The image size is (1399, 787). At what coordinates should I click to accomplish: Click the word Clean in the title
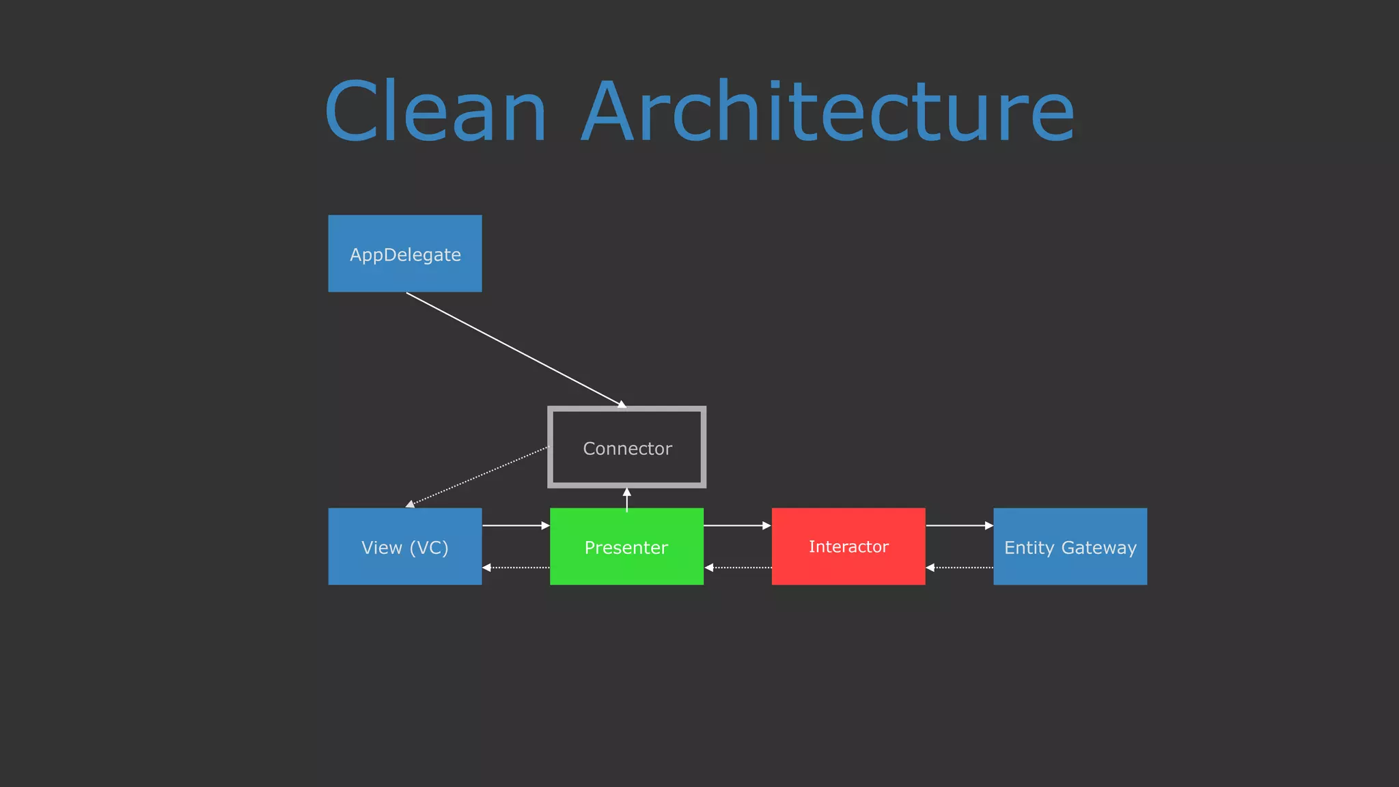pyautogui.click(x=436, y=111)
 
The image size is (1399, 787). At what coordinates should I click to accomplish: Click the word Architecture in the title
pyautogui.click(x=828, y=111)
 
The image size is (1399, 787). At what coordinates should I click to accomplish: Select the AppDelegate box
pyautogui.click(x=405, y=253)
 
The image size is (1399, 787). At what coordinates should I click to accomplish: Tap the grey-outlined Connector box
pyautogui.click(x=627, y=447)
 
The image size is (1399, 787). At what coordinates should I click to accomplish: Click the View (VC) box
pyautogui.click(x=405, y=547)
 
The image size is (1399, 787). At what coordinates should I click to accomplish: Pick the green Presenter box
pyautogui.click(x=626, y=547)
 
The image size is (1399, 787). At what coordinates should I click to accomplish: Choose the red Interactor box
pyautogui.click(x=848, y=547)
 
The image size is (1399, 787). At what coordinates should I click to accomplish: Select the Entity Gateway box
pyautogui.click(x=1070, y=547)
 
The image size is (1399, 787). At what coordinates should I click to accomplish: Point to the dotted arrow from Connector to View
pyautogui.click(x=478, y=476)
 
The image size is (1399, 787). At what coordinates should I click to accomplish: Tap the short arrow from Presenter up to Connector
pyautogui.click(x=627, y=499)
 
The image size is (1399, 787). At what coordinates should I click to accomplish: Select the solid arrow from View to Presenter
pyautogui.click(x=516, y=525)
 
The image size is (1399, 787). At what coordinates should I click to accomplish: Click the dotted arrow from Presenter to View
pyautogui.click(x=516, y=568)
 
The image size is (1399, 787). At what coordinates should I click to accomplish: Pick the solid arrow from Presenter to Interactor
pyautogui.click(x=737, y=525)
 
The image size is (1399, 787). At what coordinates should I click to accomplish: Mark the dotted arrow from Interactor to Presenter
pyautogui.click(x=738, y=568)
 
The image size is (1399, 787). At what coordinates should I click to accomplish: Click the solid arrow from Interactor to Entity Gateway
pyautogui.click(x=959, y=525)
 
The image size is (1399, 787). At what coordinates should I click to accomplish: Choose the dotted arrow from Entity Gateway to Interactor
pyautogui.click(x=959, y=568)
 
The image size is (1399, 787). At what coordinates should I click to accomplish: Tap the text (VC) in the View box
pyautogui.click(x=429, y=548)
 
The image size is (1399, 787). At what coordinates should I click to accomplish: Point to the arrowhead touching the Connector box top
pyautogui.click(x=622, y=404)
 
